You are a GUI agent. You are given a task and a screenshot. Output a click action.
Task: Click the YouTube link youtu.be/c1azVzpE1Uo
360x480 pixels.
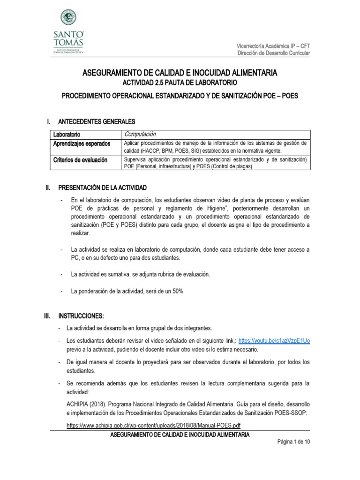point(274,341)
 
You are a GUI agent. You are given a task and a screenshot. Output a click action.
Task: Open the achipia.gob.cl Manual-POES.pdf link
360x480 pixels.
point(154,426)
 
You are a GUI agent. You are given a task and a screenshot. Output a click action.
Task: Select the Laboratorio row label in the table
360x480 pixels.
point(67,135)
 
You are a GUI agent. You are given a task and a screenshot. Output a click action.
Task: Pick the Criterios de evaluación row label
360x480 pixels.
point(80,160)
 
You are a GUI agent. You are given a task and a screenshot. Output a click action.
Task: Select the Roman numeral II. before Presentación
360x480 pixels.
point(47,187)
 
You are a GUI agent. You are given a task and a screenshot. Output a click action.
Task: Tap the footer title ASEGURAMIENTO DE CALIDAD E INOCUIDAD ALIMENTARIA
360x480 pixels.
point(180,435)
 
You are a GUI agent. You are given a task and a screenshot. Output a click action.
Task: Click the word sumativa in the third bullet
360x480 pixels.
point(118,274)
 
